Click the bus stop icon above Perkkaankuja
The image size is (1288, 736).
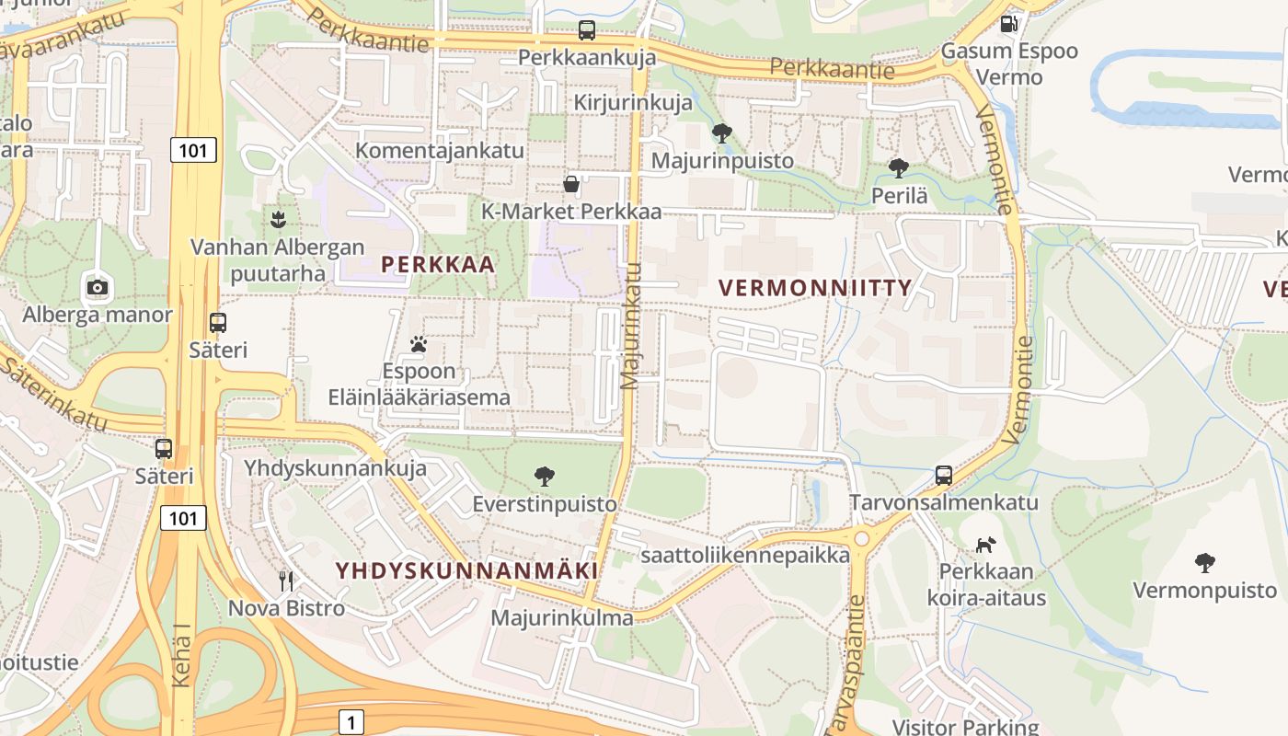point(587,30)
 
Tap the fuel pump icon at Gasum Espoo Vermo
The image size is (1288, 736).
point(1008,24)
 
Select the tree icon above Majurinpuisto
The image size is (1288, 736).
point(722,133)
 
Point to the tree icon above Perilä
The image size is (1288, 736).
point(899,168)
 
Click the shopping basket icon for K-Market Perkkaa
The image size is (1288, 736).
point(571,185)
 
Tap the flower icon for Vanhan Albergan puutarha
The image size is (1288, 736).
point(277,219)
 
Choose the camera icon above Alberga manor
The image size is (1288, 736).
point(98,286)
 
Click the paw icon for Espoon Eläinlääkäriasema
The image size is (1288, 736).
point(419,345)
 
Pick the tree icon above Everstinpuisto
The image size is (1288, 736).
point(545,477)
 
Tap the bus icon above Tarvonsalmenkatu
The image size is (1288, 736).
point(944,475)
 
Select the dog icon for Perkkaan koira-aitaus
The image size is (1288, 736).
point(985,545)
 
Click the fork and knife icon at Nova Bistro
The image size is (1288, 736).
point(286,581)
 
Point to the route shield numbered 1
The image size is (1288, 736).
point(351,722)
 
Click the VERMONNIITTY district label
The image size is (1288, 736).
point(815,288)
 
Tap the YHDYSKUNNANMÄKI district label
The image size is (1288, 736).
point(467,570)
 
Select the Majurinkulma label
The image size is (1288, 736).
point(562,617)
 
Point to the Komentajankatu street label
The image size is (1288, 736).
point(440,151)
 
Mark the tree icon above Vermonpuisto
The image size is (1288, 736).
point(1204,563)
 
